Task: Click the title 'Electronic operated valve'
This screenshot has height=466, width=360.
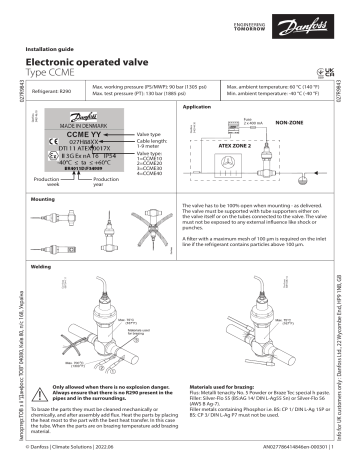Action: click(97, 61)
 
